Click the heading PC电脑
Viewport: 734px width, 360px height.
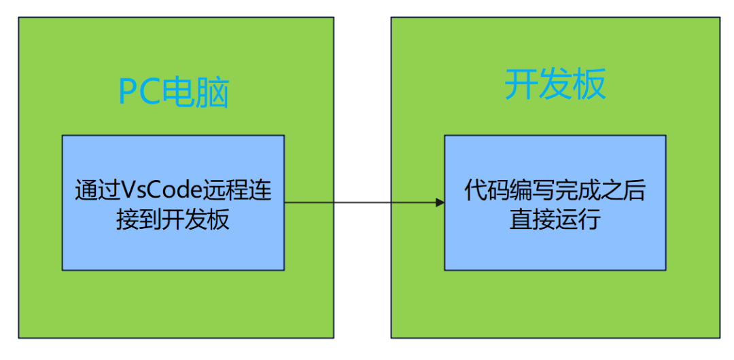point(174,93)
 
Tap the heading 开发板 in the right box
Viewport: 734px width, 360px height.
point(555,86)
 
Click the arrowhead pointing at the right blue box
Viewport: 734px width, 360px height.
point(439,202)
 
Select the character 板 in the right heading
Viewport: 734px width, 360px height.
point(589,86)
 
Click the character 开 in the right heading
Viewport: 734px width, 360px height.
point(521,86)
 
